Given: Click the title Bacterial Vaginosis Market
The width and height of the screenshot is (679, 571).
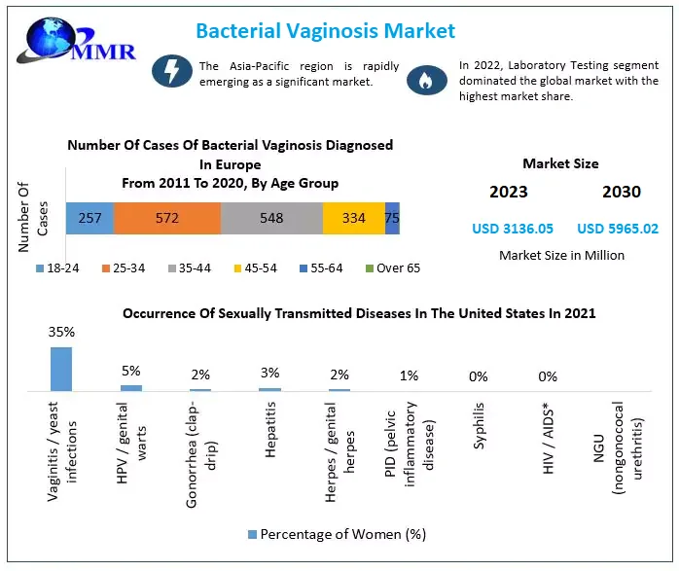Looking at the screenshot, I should [x=325, y=30].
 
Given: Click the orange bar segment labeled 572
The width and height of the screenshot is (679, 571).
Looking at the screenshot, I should [x=166, y=218].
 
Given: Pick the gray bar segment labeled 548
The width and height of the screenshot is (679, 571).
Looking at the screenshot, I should [x=270, y=218].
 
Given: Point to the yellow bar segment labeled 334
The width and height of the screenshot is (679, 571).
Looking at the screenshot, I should [x=353, y=218].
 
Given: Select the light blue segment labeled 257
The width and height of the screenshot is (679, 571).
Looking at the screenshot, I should [x=89, y=218].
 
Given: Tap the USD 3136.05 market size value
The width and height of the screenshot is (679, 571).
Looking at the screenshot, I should [x=513, y=229].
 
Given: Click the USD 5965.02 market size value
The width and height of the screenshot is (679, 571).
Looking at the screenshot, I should [x=618, y=229].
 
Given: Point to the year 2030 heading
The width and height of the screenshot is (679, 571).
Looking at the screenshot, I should [x=621, y=192].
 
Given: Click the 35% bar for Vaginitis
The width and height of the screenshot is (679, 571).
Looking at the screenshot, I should [x=61, y=369].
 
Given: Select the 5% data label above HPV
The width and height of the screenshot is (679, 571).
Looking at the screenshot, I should [x=130, y=371].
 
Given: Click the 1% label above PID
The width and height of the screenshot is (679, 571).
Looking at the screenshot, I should [x=410, y=375].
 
